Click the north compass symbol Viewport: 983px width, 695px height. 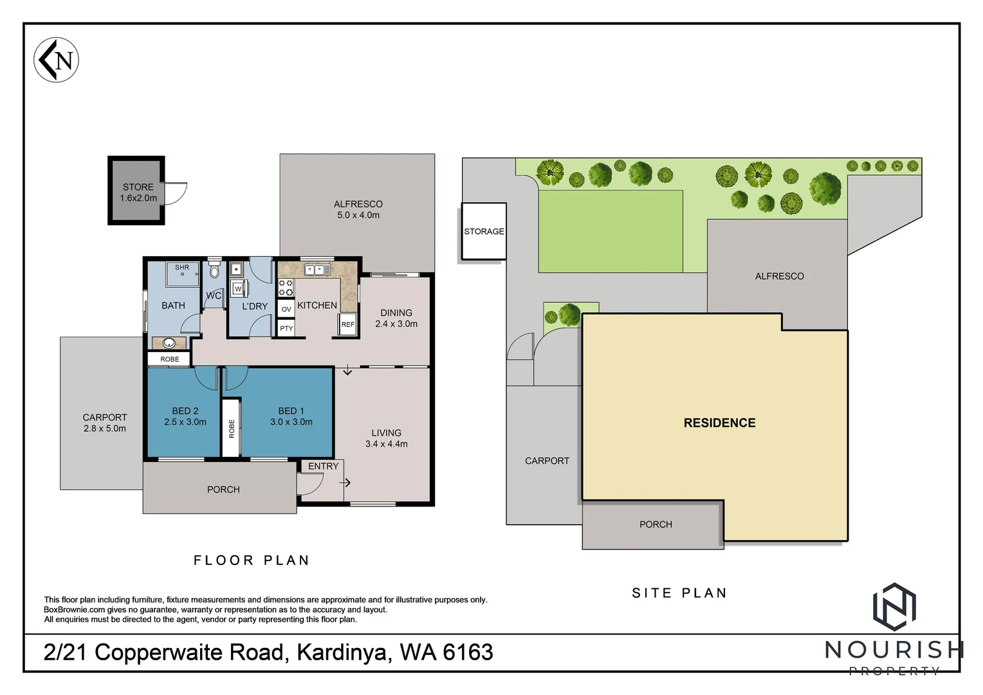(56, 60)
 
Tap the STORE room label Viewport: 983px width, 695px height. (138, 187)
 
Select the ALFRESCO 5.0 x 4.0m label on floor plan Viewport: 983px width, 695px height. (358, 210)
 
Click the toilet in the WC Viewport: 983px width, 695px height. (214, 270)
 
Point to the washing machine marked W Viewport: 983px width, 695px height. (237, 289)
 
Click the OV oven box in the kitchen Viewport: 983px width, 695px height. (286, 310)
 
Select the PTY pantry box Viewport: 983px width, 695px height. (286, 328)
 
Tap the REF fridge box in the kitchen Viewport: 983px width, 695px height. (347, 325)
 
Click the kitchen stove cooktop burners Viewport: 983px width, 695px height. (286, 288)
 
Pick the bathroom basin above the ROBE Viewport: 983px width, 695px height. (169, 343)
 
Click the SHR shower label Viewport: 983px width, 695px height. (182, 268)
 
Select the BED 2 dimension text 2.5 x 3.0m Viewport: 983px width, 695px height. (185, 422)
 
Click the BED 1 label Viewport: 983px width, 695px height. (291, 411)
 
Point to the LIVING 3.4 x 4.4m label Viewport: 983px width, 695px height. (386, 438)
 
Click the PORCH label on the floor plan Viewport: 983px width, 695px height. (223, 490)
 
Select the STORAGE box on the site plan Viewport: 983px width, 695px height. (484, 232)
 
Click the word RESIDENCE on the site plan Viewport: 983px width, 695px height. (719, 423)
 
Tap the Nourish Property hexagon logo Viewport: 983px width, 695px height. (894, 606)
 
